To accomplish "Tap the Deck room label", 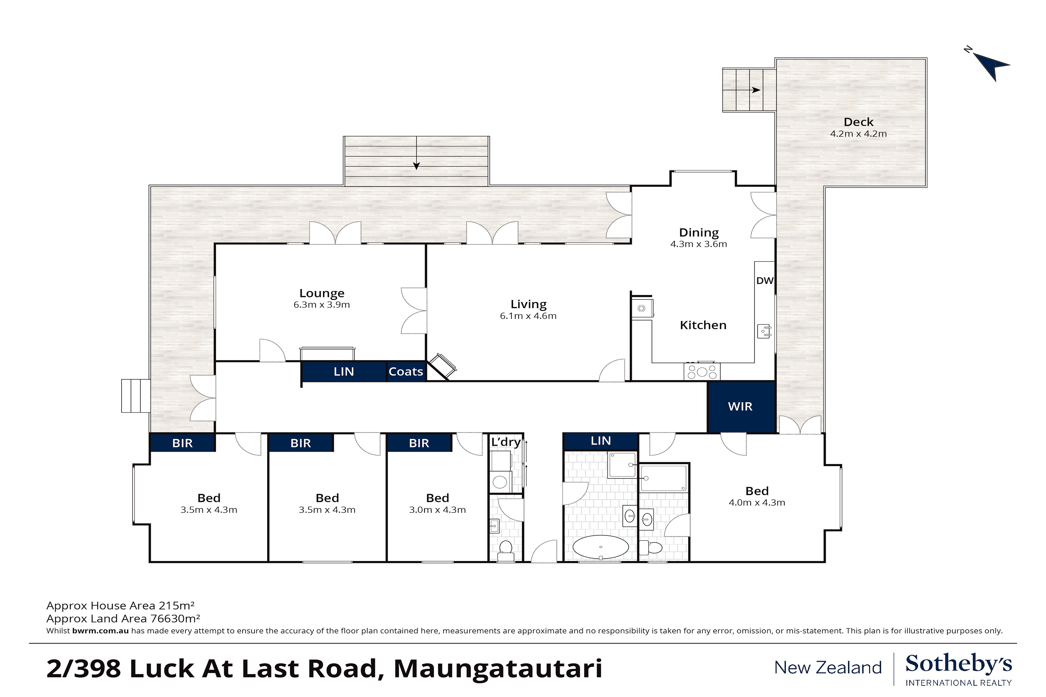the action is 858,122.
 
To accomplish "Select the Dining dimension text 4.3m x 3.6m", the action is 699,244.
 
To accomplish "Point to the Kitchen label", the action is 703,325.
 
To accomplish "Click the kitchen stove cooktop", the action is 702,371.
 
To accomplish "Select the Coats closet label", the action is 406,372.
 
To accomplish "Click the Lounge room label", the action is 322,293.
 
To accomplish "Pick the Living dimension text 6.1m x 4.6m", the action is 528,316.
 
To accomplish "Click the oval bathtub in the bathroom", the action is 600,547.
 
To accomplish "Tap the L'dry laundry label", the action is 506,442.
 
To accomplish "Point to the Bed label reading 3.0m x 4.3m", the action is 437,503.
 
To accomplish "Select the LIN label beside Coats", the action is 344,372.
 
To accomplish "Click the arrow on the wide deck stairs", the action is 416,153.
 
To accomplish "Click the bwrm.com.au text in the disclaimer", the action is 101,631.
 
